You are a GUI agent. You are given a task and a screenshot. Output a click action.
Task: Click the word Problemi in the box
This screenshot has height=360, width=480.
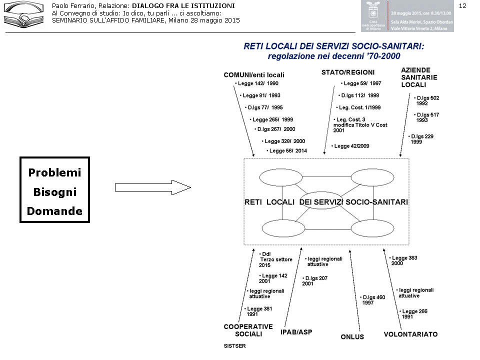point(54,173)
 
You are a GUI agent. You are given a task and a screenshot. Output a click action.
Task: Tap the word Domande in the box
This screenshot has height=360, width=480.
point(54,211)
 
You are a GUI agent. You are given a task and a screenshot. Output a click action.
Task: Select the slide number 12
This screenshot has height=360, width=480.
point(462,5)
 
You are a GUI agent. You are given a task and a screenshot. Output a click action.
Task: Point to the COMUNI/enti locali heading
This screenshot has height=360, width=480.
point(254,75)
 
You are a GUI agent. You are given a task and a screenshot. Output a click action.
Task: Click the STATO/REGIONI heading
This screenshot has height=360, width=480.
point(348,72)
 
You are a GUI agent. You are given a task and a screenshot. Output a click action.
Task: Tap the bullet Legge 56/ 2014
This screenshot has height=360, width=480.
point(287,150)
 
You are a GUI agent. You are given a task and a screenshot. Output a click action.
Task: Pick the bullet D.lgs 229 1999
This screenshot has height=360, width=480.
point(421,139)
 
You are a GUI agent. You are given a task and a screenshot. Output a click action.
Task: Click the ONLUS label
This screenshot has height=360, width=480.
point(352,337)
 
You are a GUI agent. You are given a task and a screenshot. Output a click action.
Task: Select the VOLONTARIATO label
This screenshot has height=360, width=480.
point(410,334)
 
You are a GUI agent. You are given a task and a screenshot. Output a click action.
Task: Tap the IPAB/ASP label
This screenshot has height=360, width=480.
point(296,332)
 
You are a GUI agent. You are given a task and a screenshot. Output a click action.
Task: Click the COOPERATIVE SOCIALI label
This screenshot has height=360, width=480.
point(248,330)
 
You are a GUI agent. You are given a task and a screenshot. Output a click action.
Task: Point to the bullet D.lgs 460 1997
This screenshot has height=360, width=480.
point(373,300)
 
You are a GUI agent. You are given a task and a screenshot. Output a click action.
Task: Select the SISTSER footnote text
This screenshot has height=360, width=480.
point(234,345)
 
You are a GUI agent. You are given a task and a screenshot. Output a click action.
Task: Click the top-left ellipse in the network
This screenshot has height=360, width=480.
point(281,177)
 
